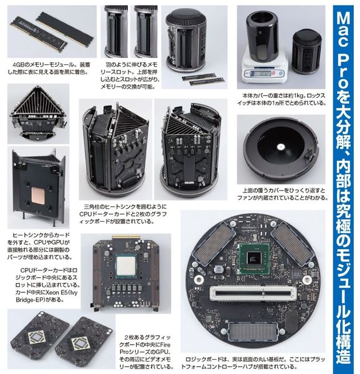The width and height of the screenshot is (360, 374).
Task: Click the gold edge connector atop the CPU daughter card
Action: pos(128,239)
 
